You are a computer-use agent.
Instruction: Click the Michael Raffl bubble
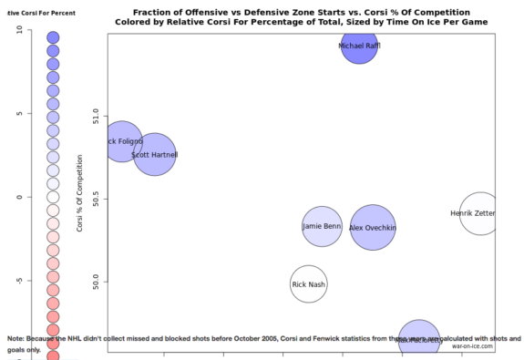359,46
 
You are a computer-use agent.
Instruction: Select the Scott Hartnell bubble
155,155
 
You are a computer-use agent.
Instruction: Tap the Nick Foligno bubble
122,141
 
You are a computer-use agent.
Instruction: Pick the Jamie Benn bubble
322,227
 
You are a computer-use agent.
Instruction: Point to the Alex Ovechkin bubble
373,228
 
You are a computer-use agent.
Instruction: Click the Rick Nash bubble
308,284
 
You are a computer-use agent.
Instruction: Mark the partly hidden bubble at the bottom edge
418,339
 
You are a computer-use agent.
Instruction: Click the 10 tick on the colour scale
19,29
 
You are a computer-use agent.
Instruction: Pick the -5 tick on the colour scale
19,281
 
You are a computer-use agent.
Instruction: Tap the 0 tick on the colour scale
19,197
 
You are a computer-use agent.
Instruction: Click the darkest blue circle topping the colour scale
53,37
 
